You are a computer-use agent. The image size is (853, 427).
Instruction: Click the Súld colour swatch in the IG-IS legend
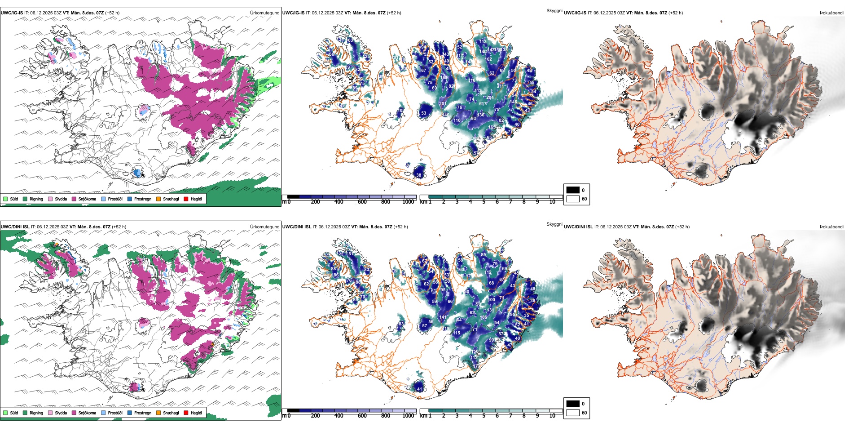click(x=5, y=199)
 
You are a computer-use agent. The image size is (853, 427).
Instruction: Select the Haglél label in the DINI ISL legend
click(x=196, y=413)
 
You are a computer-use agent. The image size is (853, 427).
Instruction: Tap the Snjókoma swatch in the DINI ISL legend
click(x=74, y=413)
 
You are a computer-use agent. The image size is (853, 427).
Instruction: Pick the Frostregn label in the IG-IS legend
click(x=143, y=199)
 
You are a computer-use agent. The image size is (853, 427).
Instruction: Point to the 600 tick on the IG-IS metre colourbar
click(x=362, y=202)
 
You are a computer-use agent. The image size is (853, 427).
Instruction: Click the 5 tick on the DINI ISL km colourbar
click(x=484, y=416)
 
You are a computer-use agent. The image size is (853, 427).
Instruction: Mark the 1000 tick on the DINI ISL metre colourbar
click(x=408, y=416)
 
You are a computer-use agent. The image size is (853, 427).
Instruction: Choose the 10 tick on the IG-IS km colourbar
click(x=552, y=202)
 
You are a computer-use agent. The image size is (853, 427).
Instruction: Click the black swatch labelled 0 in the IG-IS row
click(x=573, y=190)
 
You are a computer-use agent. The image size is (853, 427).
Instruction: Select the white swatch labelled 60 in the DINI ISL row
click(x=573, y=413)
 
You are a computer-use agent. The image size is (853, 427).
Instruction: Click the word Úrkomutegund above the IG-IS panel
click(x=264, y=13)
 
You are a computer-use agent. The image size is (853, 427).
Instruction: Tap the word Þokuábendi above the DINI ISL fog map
click(x=831, y=227)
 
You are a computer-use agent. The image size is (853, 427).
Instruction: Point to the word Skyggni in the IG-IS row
click(x=554, y=10)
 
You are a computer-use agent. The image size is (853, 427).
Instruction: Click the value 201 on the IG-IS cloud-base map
click(x=443, y=104)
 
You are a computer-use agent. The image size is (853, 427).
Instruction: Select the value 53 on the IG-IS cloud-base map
click(x=423, y=113)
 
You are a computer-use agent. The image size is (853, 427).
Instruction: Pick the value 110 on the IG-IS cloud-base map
click(x=457, y=120)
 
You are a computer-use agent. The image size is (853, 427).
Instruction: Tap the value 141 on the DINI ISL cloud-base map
click(x=443, y=317)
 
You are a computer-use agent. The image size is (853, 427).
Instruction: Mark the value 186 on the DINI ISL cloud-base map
click(x=484, y=317)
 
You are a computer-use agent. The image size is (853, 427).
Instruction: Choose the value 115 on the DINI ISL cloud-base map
click(x=457, y=333)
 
